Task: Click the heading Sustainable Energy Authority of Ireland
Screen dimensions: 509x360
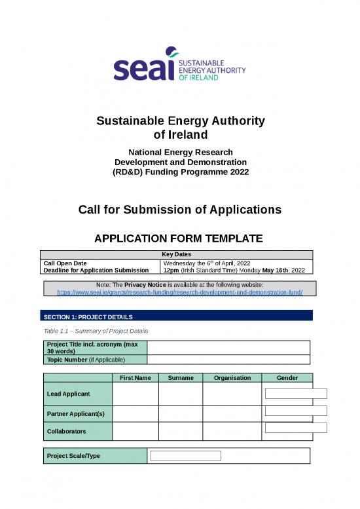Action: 180,128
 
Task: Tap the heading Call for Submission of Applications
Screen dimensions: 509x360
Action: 180,210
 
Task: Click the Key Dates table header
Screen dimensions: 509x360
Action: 177,254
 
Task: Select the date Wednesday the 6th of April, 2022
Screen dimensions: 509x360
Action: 209,263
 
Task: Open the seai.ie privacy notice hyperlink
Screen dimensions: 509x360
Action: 180,292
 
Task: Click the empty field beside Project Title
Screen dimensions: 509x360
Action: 228,347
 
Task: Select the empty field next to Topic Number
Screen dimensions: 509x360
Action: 228,359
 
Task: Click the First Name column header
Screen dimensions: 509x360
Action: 135,377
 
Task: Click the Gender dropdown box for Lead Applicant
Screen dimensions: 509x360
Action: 296,394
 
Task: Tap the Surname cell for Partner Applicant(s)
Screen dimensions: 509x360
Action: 180,413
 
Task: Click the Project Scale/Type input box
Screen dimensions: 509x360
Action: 186,456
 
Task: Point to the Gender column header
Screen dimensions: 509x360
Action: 287,377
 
